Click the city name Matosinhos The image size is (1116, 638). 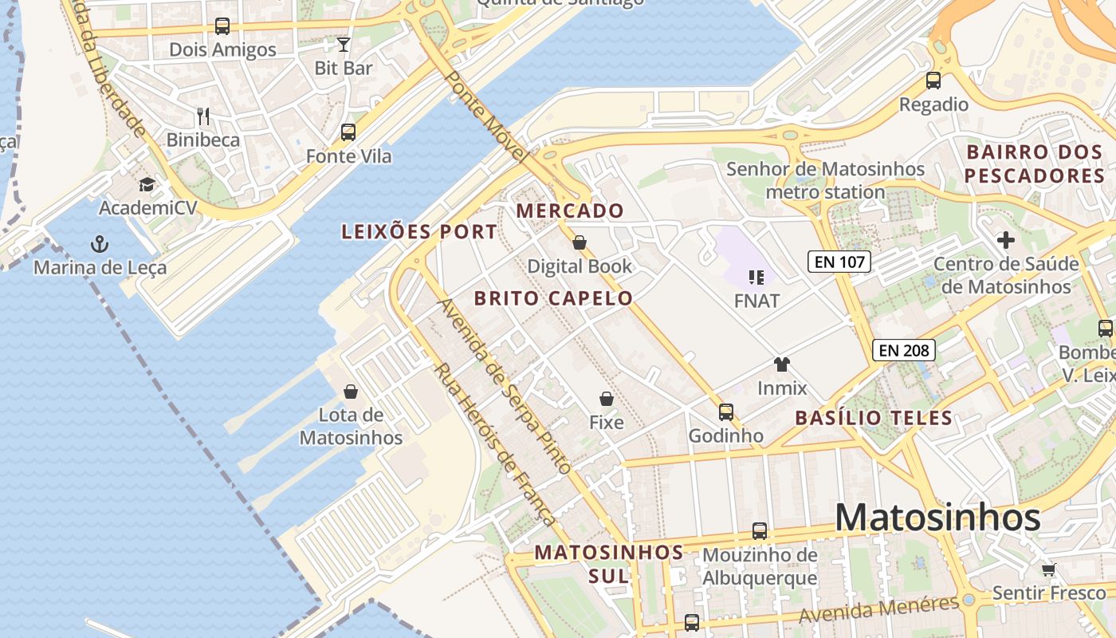[x=937, y=518]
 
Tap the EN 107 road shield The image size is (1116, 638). [x=839, y=261]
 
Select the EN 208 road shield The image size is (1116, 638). [x=903, y=349]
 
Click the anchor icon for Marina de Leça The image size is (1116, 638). [x=100, y=243]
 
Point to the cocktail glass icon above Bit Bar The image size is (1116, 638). [x=344, y=44]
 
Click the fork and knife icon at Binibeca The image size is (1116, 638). [x=203, y=116]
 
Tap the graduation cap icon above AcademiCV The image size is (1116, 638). [x=147, y=185]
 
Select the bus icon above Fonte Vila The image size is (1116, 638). [x=348, y=132]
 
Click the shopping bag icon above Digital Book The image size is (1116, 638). [x=580, y=242]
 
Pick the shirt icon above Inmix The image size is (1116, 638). [x=782, y=364]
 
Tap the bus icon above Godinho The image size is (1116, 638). [x=726, y=412]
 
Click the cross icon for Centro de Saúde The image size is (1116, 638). [x=1006, y=239]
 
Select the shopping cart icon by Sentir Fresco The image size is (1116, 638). [x=1049, y=569]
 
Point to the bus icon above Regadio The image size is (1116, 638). [x=933, y=81]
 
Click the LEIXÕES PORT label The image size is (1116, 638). [x=419, y=232]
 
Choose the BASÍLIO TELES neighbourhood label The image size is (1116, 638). [x=874, y=417]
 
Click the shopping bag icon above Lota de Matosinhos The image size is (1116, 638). [x=351, y=392]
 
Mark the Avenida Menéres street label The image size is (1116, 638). [x=878, y=611]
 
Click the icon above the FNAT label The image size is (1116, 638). [x=756, y=278]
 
